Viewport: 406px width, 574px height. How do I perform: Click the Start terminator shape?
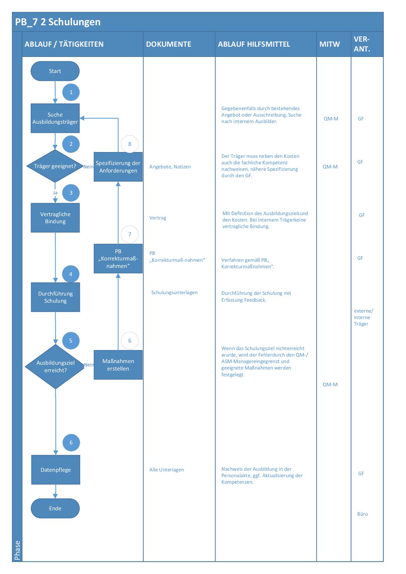coord(55,71)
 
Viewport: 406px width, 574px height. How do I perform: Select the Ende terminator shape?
coord(55,508)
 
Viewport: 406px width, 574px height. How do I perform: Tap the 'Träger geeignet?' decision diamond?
coord(55,166)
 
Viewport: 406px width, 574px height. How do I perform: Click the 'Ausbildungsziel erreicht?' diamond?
coord(55,366)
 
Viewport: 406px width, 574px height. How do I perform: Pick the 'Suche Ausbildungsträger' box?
coord(55,118)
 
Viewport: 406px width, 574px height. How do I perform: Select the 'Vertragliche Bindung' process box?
coord(55,218)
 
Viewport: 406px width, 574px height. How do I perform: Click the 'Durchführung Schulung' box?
coord(55,297)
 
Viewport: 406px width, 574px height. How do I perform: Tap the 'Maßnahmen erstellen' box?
coord(118,365)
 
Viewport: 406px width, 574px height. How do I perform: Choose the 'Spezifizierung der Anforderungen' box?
coord(118,167)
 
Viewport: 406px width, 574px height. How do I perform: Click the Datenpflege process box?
coord(56,470)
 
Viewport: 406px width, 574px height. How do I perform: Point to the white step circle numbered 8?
coord(130,144)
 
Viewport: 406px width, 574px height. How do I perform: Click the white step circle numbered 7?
coord(130,234)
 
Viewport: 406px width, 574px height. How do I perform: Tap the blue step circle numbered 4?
coord(71,274)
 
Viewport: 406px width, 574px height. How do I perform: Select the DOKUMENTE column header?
coord(169,44)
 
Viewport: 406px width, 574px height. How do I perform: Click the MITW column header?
coord(330,44)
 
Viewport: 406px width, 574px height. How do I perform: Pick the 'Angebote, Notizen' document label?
coord(170,167)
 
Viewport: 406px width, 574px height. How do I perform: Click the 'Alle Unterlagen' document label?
coord(166,470)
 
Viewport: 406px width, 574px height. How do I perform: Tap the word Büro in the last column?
coord(362,514)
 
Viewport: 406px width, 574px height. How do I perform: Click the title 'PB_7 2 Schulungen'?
coord(58,22)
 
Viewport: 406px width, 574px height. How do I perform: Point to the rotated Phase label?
coord(17,550)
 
